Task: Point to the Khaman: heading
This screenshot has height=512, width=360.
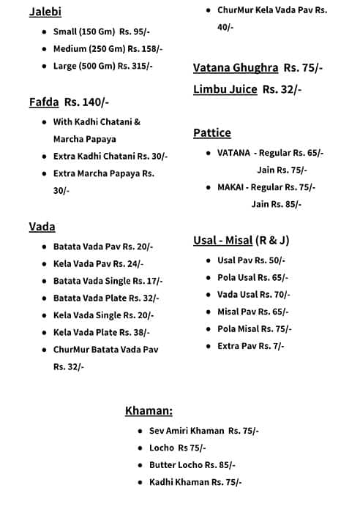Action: (x=149, y=410)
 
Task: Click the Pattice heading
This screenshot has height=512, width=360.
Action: (x=211, y=132)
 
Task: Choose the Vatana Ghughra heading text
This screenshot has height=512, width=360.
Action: (x=236, y=68)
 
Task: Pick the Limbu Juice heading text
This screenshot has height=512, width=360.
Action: (x=225, y=89)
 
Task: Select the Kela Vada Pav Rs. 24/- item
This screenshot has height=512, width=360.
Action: (x=98, y=264)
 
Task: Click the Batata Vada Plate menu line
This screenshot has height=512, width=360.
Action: (x=105, y=298)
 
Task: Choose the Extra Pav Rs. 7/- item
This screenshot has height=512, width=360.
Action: (x=250, y=346)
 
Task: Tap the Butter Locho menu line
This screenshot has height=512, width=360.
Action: (x=192, y=465)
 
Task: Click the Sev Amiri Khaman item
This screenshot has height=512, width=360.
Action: (x=203, y=431)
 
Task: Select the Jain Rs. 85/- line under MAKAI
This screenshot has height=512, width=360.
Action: (x=276, y=204)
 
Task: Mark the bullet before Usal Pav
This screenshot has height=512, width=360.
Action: (x=208, y=260)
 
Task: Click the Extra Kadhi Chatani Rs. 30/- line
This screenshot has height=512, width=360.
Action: (x=110, y=157)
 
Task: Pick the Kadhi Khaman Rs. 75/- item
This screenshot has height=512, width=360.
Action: (x=195, y=482)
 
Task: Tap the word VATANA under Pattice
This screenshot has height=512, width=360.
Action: (x=233, y=153)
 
